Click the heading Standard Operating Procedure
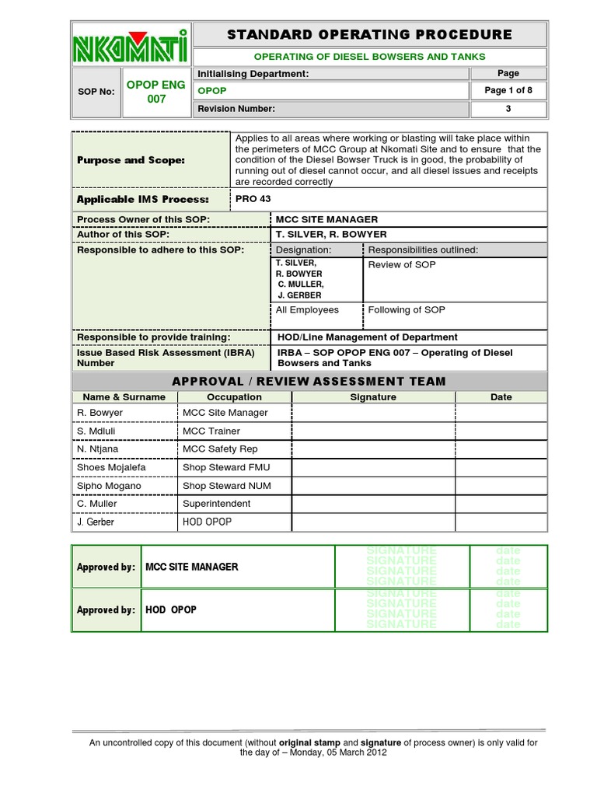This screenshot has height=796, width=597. [369, 34]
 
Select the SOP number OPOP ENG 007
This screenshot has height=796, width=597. [156, 92]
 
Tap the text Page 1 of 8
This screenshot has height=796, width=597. [508, 90]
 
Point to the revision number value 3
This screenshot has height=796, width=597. [508, 109]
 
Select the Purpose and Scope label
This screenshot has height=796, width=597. [131, 160]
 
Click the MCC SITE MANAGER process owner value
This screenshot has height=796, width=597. [327, 220]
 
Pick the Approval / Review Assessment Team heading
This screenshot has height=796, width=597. [309, 381]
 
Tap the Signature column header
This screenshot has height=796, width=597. [373, 397]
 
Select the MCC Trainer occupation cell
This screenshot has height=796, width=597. [211, 431]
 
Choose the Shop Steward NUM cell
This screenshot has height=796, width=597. [216, 486]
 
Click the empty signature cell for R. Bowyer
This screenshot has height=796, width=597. [373, 413]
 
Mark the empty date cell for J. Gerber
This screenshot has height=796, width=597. [501, 522]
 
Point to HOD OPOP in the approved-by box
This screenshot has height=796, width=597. [171, 610]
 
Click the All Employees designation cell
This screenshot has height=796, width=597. [308, 310]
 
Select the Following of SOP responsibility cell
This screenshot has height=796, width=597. [407, 310]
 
